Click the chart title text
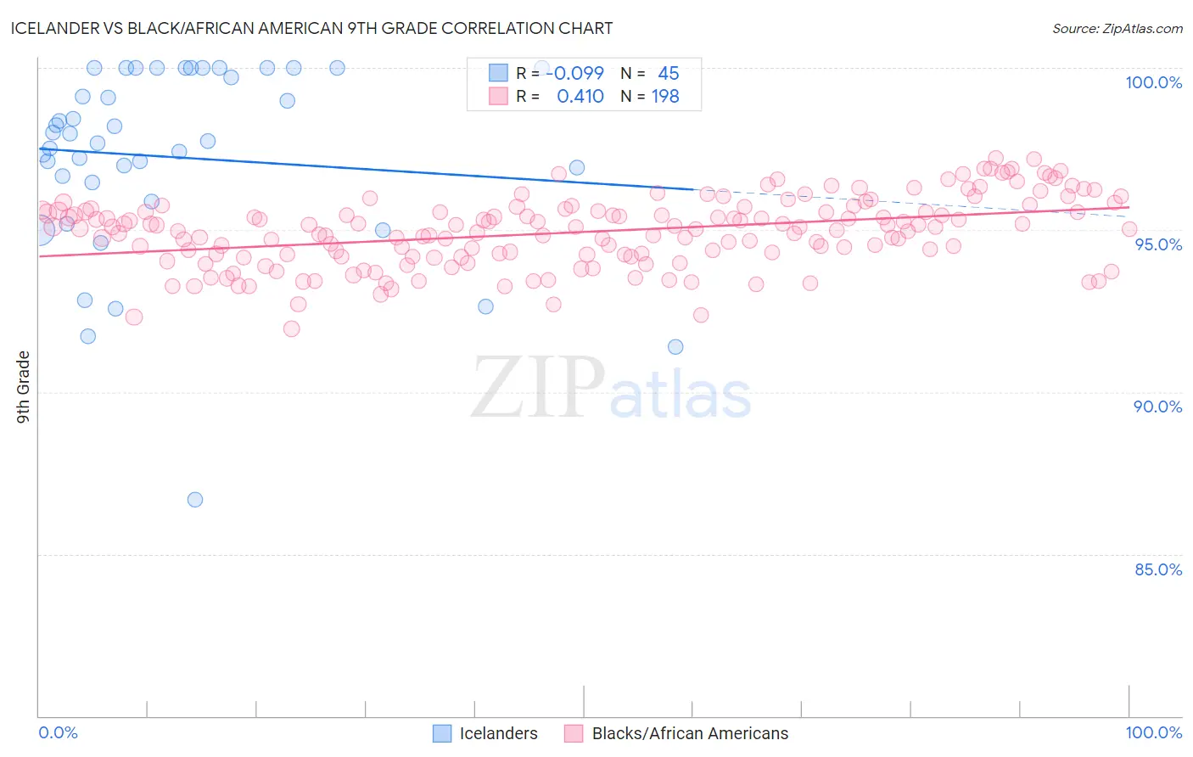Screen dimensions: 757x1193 point(311,28)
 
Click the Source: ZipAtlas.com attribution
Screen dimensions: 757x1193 point(1117,29)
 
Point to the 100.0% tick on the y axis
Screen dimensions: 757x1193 point(1153,82)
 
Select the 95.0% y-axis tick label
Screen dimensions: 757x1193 point(1157,244)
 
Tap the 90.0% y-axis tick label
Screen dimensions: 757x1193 point(1157,407)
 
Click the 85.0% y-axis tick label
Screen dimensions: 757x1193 point(1157,569)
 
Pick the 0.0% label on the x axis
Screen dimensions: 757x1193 point(58,732)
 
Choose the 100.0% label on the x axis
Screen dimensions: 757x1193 point(1153,732)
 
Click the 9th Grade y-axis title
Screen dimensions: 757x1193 point(23,387)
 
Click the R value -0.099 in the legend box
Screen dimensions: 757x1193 point(574,74)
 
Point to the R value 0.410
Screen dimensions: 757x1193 point(580,97)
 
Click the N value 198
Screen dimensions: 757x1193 point(665,97)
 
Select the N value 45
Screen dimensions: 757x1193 point(668,74)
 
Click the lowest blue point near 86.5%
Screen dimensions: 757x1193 point(195,500)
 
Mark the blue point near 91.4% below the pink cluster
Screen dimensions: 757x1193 point(675,346)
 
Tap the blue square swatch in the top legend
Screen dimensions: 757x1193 point(498,73)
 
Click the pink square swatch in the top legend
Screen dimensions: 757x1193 point(498,96)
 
